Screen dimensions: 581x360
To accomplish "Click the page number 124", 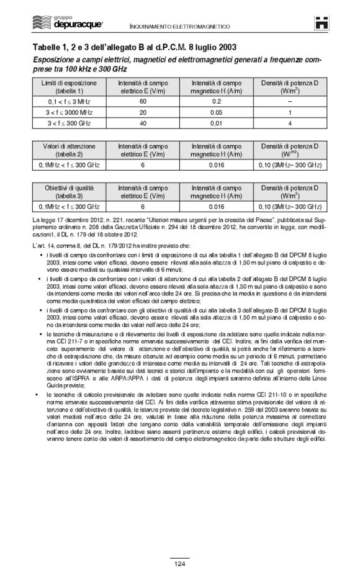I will coord(179,563).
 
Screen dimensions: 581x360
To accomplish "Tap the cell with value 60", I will coord(142,101).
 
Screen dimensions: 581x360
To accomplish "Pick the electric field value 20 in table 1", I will coord(142,112).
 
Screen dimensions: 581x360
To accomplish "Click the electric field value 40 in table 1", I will coord(142,124).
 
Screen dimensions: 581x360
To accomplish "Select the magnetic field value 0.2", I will coord(217,101).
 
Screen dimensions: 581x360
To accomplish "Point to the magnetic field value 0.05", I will coord(217,112).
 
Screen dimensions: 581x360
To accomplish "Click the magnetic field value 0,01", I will coord(217,124).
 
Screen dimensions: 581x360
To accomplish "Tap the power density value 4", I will coord(289,124).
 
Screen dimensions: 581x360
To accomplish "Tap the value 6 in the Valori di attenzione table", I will coord(142,164).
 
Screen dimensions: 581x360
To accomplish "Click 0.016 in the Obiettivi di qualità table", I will coord(217,206).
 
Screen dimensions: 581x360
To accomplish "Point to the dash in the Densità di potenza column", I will coord(289,101).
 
